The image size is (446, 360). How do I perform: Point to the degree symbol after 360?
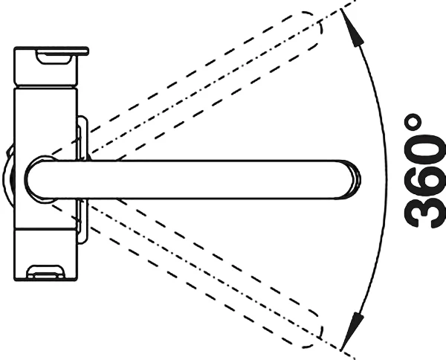click(412, 123)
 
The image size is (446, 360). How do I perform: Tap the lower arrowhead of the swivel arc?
click(352, 332)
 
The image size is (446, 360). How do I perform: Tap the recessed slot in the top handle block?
click(54, 57)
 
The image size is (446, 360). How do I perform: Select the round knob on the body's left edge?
click(8, 176)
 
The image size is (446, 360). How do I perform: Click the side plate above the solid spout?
click(83, 138)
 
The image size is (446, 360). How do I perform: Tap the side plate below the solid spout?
click(83, 222)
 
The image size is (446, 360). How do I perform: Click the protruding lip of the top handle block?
click(83, 51)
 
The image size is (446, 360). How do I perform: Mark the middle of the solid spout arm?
click(193, 179)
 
